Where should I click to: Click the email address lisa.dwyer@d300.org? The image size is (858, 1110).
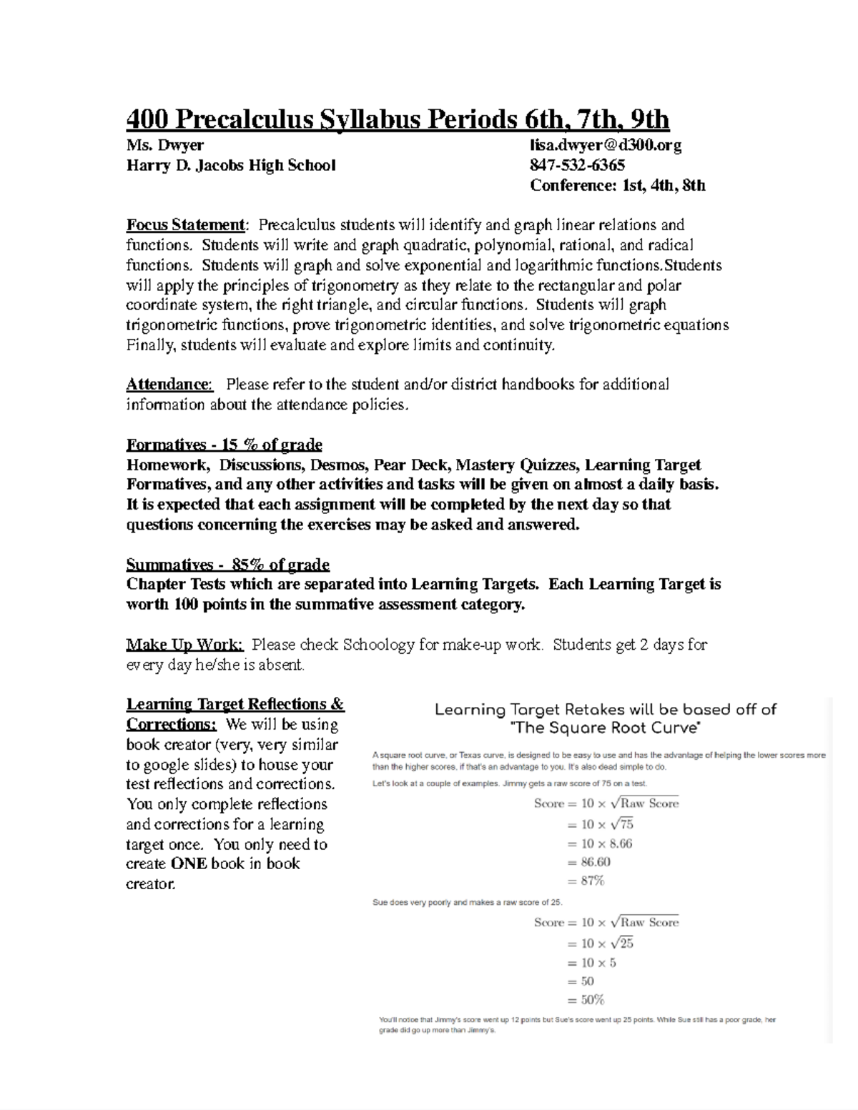(x=605, y=146)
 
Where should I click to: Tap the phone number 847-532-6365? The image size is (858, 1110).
(x=577, y=166)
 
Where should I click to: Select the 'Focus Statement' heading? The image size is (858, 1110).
(x=185, y=225)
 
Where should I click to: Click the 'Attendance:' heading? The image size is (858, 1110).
(x=169, y=385)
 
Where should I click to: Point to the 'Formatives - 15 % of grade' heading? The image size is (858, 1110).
(x=224, y=445)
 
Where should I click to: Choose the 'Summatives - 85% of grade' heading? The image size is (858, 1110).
(x=227, y=565)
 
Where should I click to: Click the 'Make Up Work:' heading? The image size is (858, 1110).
(x=184, y=645)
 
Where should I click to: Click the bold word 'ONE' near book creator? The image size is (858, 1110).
(x=189, y=863)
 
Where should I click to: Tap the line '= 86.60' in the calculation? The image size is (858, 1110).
(x=588, y=862)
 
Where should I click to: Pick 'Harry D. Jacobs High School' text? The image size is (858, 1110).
(x=230, y=166)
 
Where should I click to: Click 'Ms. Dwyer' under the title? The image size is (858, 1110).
(x=164, y=146)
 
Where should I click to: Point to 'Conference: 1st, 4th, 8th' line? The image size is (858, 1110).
(x=617, y=186)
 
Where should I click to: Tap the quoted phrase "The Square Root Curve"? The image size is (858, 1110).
(x=606, y=728)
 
